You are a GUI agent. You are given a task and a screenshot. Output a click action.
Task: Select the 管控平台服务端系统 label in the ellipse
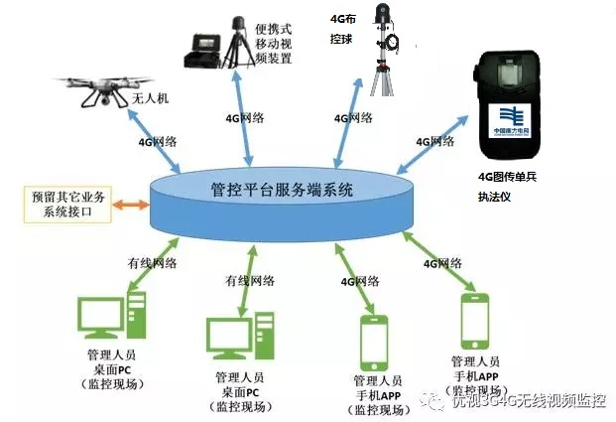282,190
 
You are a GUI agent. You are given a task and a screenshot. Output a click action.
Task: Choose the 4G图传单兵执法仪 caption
506,187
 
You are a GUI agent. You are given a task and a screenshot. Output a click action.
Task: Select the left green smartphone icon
374,342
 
